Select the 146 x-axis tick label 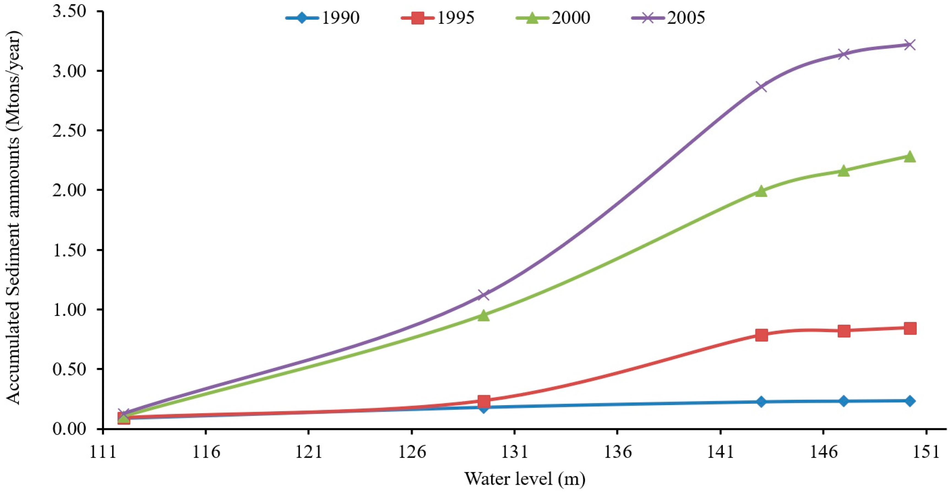click(823, 452)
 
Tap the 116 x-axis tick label click(205, 452)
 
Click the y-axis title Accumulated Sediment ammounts click(14, 218)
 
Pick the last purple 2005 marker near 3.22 click(910, 45)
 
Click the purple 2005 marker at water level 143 click(761, 87)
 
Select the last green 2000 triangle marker click(910, 156)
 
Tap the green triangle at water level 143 click(761, 191)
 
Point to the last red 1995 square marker click(910, 328)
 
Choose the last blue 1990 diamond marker click(910, 401)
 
